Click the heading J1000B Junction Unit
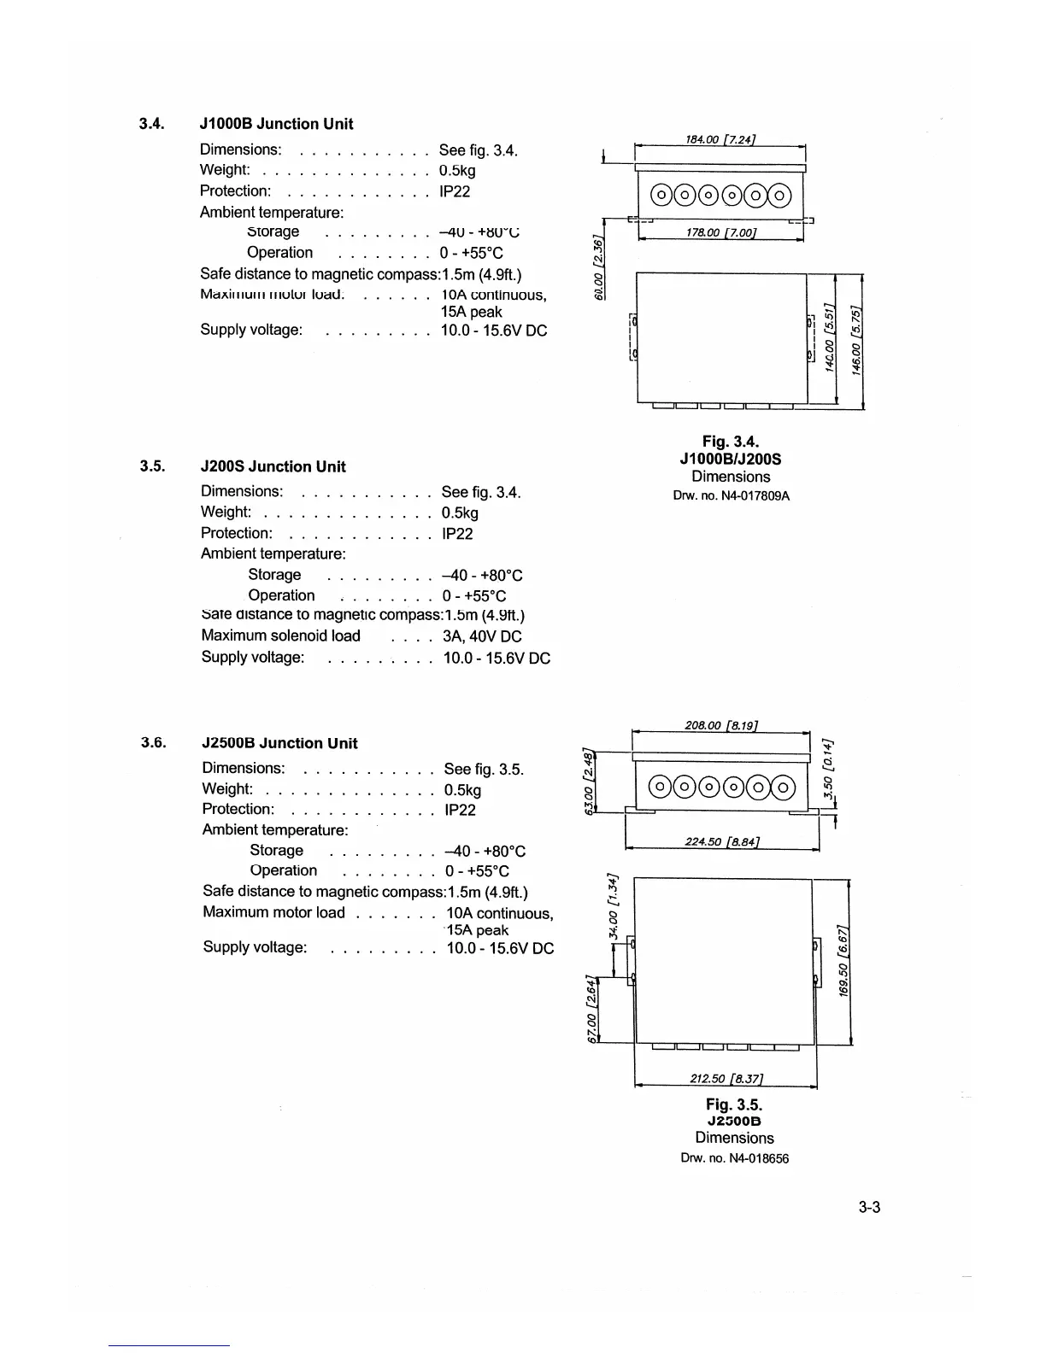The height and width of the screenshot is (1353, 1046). point(276,124)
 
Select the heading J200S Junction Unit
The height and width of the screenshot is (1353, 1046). point(273,466)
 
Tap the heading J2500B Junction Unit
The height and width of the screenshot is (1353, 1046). point(279,743)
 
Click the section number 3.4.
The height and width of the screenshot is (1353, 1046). point(151,124)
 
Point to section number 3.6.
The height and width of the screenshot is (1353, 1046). point(154,742)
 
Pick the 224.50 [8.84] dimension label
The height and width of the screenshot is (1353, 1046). point(723,842)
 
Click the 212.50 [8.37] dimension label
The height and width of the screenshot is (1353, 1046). point(726,1078)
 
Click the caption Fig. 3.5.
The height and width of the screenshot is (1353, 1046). point(734,1104)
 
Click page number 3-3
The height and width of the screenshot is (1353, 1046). point(869,1207)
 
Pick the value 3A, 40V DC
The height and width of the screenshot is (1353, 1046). point(482,636)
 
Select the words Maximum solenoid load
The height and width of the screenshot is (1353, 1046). point(280,636)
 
